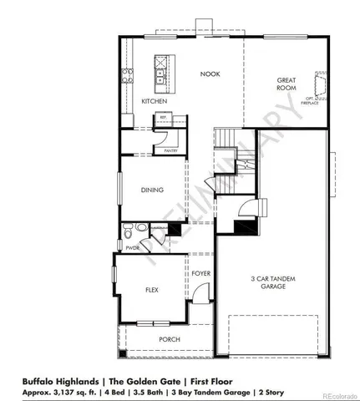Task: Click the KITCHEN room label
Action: pos(155,102)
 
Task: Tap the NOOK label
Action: pos(209,74)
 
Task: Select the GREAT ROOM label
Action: pos(287,84)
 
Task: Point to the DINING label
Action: pos(152,190)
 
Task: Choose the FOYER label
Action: pos(200,273)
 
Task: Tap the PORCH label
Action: pos(170,339)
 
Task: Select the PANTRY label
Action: pos(170,151)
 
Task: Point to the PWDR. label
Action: pos(131,248)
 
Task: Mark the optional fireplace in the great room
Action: pos(317,86)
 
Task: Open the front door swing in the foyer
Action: pos(200,293)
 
